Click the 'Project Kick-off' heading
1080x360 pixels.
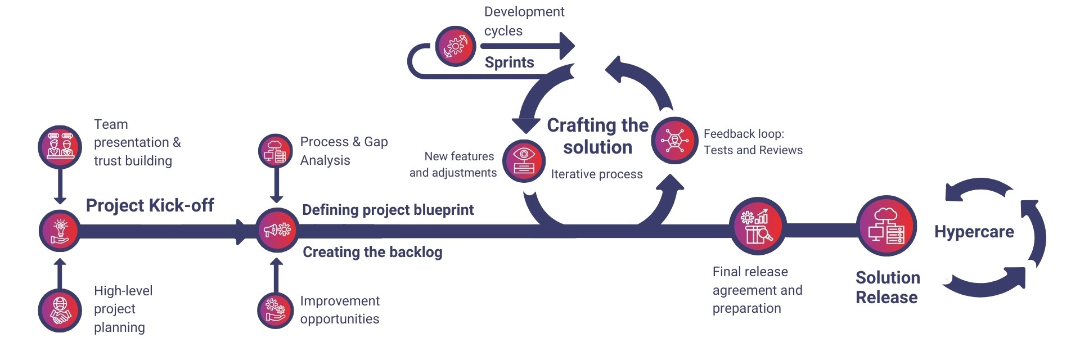(x=150, y=205)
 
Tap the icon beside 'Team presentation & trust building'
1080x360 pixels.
(x=60, y=146)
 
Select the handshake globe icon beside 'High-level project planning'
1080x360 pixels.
(x=60, y=310)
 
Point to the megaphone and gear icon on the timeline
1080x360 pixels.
(x=277, y=229)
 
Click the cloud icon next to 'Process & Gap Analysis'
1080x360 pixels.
(x=276, y=151)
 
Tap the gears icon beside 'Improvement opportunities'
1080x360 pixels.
(x=276, y=310)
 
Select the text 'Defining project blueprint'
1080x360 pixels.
(x=388, y=210)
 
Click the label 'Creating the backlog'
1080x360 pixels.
(x=372, y=252)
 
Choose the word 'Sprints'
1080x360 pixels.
(x=509, y=62)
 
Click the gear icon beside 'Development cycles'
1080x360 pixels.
(x=456, y=46)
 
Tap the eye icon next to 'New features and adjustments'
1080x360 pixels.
(x=524, y=161)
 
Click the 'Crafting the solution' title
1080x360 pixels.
(x=597, y=136)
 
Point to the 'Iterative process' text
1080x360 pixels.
(x=596, y=174)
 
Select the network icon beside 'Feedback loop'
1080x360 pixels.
(x=674, y=140)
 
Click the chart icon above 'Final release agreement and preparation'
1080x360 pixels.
(x=757, y=226)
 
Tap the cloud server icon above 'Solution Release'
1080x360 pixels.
(x=886, y=226)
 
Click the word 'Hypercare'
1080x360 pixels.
(x=974, y=232)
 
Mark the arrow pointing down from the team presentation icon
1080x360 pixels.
(x=60, y=186)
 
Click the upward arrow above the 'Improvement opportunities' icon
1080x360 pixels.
(x=276, y=274)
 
